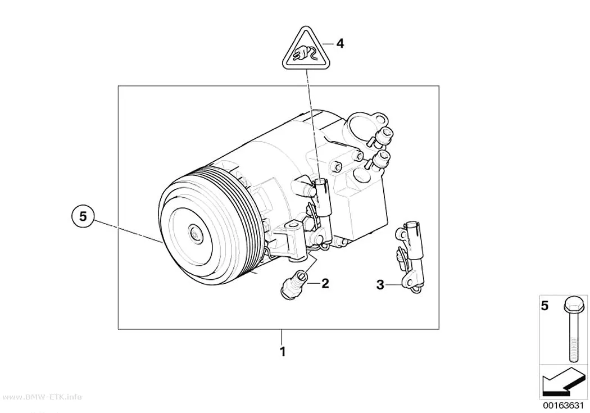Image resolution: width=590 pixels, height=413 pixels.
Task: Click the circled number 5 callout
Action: pos(83,216)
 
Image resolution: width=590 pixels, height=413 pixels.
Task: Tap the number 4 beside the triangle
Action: pos(340,44)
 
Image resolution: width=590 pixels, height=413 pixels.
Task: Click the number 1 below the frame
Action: pos(283,352)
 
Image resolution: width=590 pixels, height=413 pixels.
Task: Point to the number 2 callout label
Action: pos(325,283)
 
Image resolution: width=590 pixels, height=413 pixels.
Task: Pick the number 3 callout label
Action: pos(380,285)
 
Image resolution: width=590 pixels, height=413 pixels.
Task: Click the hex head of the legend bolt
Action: pos(574,305)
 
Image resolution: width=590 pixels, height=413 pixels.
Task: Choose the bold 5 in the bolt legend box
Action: pos(545,306)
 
